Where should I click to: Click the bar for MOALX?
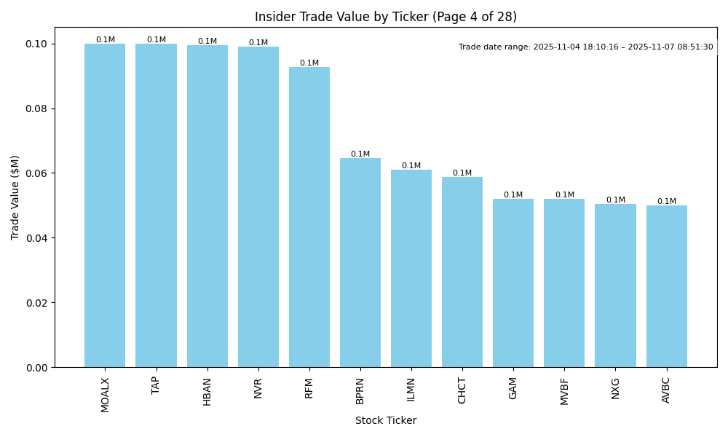tap(105, 205)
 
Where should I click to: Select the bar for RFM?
tap(309, 217)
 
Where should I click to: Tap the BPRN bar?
tap(360, 262)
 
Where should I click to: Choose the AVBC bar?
tap(666, 286)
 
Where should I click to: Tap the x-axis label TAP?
tap(156, 385)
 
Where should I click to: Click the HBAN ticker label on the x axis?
tap(207, 391)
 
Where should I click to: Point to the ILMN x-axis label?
tap(411, 390)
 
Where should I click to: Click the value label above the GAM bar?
tap(513, 195)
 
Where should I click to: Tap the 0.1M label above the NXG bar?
tap(616, 200)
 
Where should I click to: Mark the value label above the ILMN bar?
tap(411, 166)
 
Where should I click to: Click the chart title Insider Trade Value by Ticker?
tap(386, 17)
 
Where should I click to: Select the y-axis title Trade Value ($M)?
tap(15, 197)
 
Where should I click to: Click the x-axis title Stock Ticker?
tap(386, 421)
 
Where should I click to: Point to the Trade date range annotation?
tap(586, 47)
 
